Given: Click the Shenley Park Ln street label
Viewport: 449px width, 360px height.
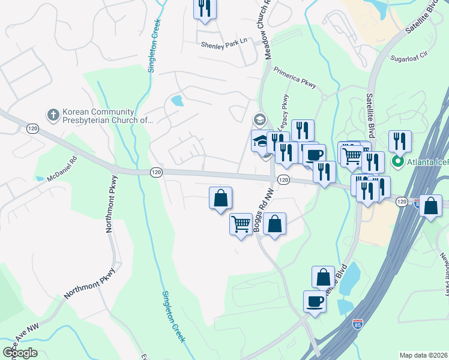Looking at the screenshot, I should pyautogui.click(x=223, y=43).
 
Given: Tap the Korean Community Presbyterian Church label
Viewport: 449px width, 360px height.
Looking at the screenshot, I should pyautogui.click(x=107, y=115).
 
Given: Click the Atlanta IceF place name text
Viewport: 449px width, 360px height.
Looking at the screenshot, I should pyautogui.click(x=427, y=162).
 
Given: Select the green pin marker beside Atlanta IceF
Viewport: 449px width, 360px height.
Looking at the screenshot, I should pyautogui.click(x=397, y=162).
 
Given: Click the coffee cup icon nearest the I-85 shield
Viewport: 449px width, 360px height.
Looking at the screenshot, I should pyautogui.click(x=315, y=300).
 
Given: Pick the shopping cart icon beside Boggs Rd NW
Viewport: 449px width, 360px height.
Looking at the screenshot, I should pyautogui.click(x=241, y=224).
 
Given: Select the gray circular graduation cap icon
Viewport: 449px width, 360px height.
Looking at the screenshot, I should pyautogui.click(x=259, y=119).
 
